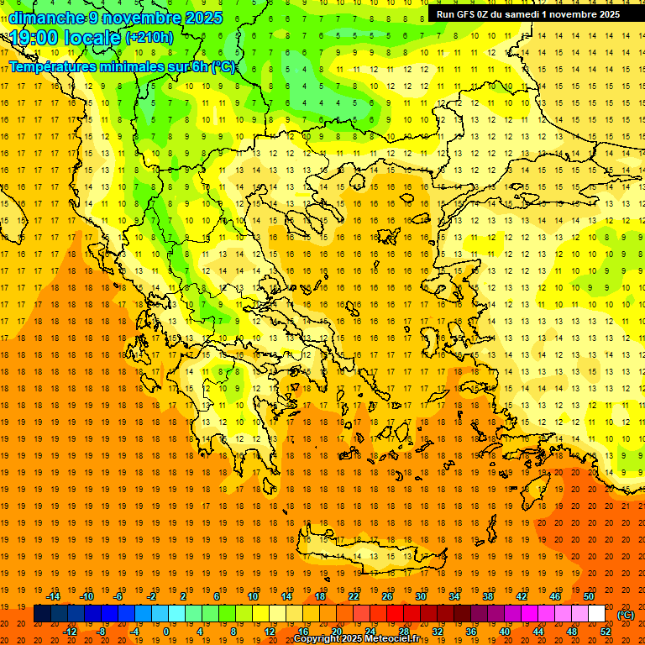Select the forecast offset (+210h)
[x=149, y=38]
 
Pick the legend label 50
[x=588, y=596]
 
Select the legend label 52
[x=605, y=631]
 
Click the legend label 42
[x=522, y=596]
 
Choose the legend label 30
[x=421, y=596]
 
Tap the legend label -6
[x=118, y=596]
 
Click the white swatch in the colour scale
[x=596, y=614]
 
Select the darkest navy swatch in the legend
[x=42, y=614]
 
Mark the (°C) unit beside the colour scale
[x=626, y=615]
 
